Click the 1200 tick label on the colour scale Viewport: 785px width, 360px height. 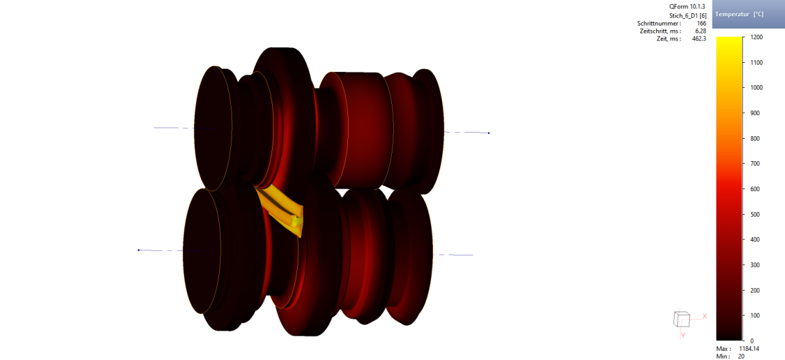pyautogui.click(x=757, y=37)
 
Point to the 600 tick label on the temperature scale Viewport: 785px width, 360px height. pyautogui.click(x=754, y=189)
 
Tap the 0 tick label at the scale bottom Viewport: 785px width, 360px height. pyautogui.click(x=752, y=341)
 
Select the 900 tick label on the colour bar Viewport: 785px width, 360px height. pyautogui.click(x=754, y=113)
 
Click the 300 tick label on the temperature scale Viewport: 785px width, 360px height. pyautogui.click(x=754, y=265)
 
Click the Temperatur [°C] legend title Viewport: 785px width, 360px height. pyautogui.click(x=739, y=14)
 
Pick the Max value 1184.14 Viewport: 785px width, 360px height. pyautogui.click(x=749, y=349)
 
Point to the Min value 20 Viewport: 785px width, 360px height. pyautogui.click(x=741, y=357)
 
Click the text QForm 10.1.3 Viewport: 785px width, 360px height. pyautogui.click(x=687, y=7)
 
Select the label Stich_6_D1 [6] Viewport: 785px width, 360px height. pyautogui.click(x=688, y=16)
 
